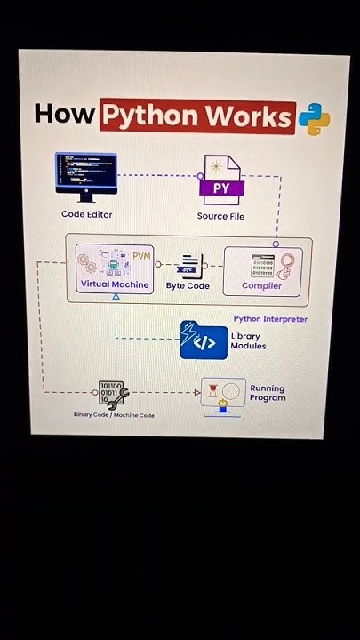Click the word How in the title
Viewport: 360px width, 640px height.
click(x=64, y=116)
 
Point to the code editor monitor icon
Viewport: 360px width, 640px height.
click(x=85, y=172)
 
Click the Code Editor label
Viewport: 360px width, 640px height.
click(x=86, y=214)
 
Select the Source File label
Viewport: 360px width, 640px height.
click(x=220, y=216)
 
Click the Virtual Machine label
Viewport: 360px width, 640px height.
click(x=115, y=284)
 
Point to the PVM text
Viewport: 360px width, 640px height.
click(x=142, y=255)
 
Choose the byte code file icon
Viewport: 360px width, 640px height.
click(x=188, y=265)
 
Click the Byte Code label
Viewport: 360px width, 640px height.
click(x=188, y=286)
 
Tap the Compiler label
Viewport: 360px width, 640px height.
click(x=261, y=286)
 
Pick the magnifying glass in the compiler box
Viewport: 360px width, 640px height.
click(x=286, y=262)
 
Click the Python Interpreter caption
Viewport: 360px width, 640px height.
click(x=270, y=318)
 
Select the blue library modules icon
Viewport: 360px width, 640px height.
click(x=204, y=340)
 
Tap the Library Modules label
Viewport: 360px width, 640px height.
click(x=248, y=340)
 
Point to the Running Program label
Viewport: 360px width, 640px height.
click(x=268, y=393)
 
